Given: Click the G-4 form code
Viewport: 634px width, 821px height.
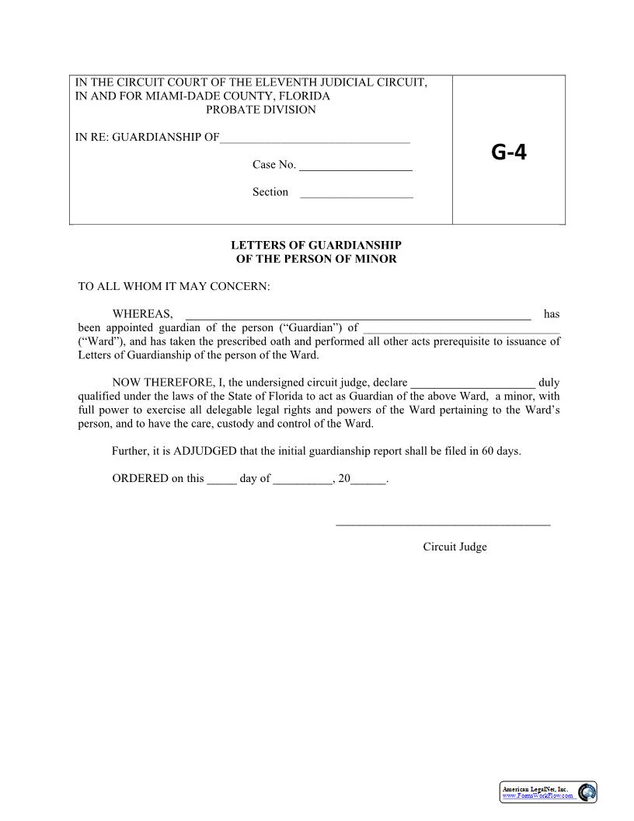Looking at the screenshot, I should pos(508,152).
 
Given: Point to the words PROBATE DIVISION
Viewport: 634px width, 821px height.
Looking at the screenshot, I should pos(261,110).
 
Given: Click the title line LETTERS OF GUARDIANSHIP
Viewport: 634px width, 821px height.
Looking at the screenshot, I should pos(316,245).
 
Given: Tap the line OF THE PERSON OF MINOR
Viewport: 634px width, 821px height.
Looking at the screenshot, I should pos(316,259).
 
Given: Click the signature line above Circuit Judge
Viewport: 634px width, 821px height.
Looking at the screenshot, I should pos(443,525).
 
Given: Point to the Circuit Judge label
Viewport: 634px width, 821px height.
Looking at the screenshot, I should pos(455,547).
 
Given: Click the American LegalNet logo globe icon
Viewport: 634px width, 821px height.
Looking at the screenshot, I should pos(587,792).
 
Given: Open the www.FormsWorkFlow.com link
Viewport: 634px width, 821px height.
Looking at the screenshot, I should pos(538,796).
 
